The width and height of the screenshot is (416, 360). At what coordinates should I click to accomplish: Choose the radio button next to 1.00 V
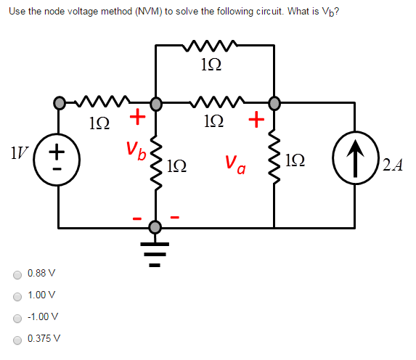pyautogui.click(x=16, y=295)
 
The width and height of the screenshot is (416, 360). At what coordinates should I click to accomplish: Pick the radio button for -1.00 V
pyautogui.click(x=16, y=317)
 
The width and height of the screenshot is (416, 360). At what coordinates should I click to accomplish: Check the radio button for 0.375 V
pyautogui.click(x=16, y=339)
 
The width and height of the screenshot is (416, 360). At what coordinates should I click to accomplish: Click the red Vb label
pyautogui.click(x=136, y=151)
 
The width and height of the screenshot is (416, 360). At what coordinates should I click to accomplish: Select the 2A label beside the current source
pyautogui.click(x=392, y=166)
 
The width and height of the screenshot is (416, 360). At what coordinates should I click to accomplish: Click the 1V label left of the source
pyautogui.click(x=17, y=154)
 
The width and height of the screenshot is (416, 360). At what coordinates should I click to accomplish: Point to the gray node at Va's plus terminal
pyautogui.click(x=274, y=102)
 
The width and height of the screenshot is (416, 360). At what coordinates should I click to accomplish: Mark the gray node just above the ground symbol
pyautogui.click(x=154, y=227)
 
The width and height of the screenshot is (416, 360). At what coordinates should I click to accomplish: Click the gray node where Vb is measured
pyautogui.click(x=155, y=102)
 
